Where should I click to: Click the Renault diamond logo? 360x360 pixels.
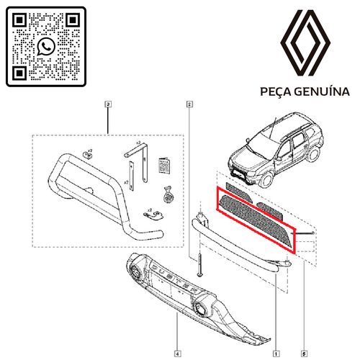pyautogui.click(x=305, y=45)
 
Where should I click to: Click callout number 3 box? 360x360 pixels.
pyautogui.click(x=108, y=105)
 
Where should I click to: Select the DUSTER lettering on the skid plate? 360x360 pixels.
pyautogui.click(x=169, y=276)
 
